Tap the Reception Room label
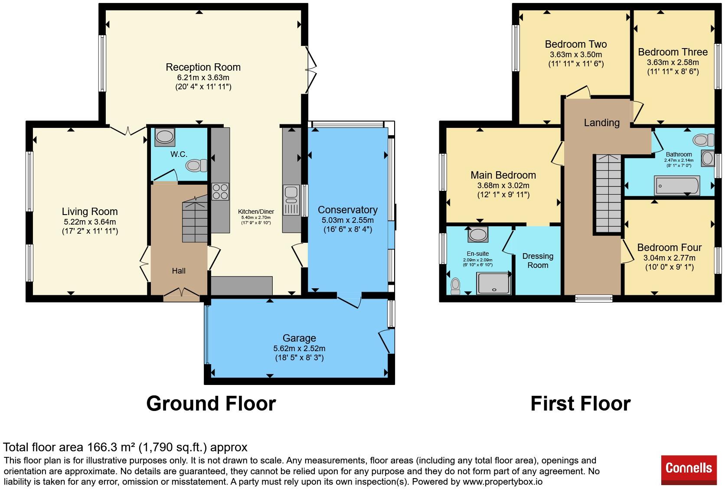(x=203, y=67)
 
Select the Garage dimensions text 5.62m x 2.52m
(x=299, y=349)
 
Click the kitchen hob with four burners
(x=220, y=191)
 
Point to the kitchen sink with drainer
(x=291, y=200)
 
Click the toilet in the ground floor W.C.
(x=196, y=166)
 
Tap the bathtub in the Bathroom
(x=677, y=186)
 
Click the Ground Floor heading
(x=211, y=404)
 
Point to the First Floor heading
(x=581, y=404)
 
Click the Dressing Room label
(x=538, y=261)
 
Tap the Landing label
(x=602, y=123)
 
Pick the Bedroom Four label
(x=669, y=248)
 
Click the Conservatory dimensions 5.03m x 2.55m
(x=348, y=220)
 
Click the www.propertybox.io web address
(x=503, y=482)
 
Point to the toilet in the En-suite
(x=455, y=286)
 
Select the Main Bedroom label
(x=503, y=175)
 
